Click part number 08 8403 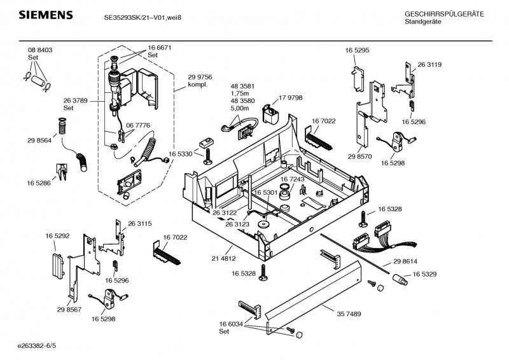coord(39,50)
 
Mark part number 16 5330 coord(180,153)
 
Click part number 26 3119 coord(429,65)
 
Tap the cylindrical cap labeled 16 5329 coord(400,279)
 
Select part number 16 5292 coord(57,236)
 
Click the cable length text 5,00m coord(239,108)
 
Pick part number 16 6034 coord(232,324)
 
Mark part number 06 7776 coord(138,126)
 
